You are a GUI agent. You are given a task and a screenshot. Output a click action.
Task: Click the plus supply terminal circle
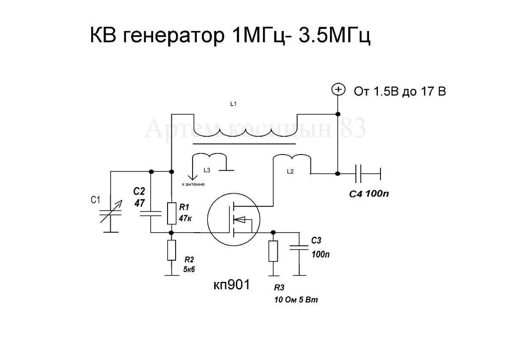click(338, 90)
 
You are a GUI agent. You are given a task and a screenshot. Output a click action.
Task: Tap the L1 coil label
click(233, 104)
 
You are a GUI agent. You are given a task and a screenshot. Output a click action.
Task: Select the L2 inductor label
click(290, 172)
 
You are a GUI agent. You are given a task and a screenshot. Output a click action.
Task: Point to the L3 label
click(207, 170)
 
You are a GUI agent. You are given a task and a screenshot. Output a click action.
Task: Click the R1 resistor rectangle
click(172, 213)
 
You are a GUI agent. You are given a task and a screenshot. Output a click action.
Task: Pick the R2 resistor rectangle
click(172, 250)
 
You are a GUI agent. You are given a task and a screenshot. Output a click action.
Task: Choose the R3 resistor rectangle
click(273, 251)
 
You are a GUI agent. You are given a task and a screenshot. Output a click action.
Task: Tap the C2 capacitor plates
click(151, 213)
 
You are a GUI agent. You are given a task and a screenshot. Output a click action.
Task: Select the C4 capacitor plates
click(359, 173)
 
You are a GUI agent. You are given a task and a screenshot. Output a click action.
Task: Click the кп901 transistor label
click(232, 284)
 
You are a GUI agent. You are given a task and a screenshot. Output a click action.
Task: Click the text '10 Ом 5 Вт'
click(296, 300)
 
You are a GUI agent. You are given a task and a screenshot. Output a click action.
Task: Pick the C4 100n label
click(369, 194)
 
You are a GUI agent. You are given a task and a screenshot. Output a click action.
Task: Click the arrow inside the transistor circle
click(240, 219)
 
